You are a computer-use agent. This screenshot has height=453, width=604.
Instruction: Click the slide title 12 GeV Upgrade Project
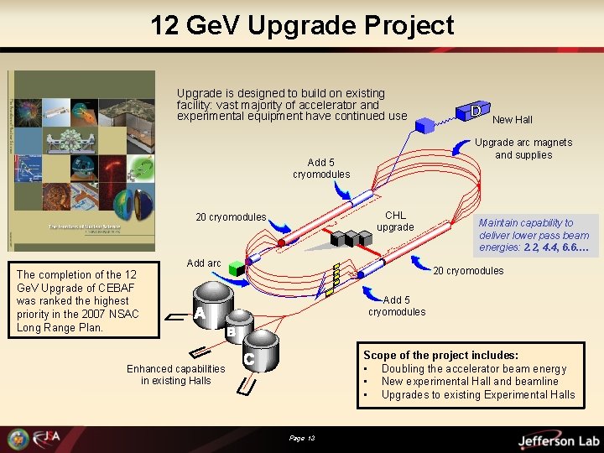point(302,25)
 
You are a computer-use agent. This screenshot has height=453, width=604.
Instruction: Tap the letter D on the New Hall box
point(475,110)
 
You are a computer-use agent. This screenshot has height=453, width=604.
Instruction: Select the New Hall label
point(512,120)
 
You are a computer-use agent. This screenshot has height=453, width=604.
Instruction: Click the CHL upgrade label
point(395,221)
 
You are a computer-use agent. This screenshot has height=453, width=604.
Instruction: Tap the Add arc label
point(204,263)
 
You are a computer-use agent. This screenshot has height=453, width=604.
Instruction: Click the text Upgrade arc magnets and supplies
point(523,148)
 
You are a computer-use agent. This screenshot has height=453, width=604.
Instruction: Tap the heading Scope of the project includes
point(440,356)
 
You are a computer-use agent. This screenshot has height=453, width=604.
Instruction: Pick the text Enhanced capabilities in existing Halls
point(176,374)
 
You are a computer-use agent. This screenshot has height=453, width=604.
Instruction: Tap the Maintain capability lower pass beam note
point(534,235)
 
